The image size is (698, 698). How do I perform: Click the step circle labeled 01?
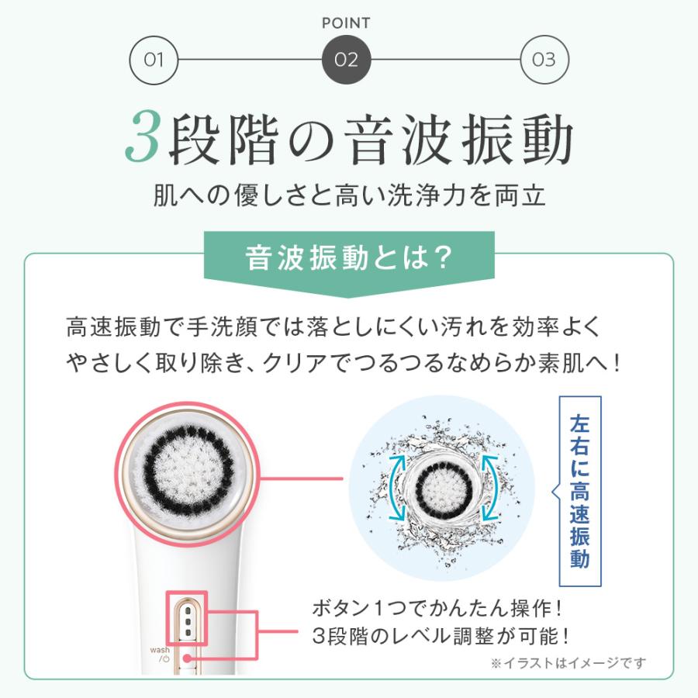coord(154,59)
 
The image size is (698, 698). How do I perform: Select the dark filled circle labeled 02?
coord(346,59)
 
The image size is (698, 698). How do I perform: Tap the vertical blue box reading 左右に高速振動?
coord(579,490)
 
